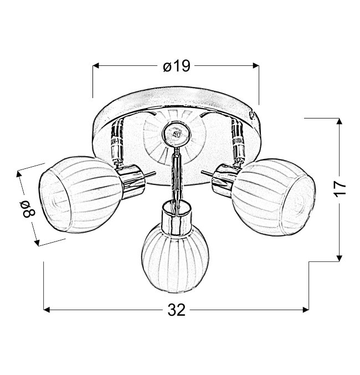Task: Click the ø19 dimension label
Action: (177, 66)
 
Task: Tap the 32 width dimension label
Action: (177, 310)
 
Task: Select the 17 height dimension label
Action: (340, 189)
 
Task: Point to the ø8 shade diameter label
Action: (29, 209)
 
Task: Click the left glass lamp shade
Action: (81, 194)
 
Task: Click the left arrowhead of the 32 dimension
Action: (47, 310)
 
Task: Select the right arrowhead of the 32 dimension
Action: (306, 310)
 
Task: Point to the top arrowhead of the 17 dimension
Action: (339, 121)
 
